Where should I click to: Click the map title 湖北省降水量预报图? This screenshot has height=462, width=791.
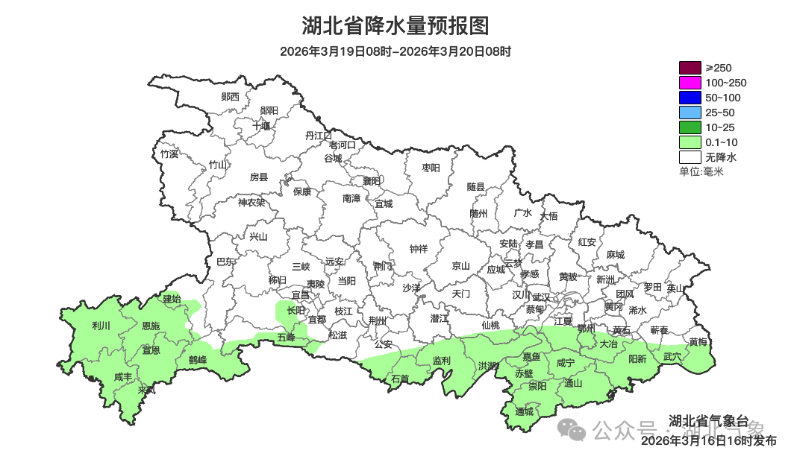395,26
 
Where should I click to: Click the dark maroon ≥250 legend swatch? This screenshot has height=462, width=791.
690,68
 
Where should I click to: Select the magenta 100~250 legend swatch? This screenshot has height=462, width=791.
690,83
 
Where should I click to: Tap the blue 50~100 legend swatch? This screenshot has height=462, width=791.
690,98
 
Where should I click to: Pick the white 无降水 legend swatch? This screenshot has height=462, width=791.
690,157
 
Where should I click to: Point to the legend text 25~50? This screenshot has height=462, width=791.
721,113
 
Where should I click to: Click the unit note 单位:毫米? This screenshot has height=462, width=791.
701,172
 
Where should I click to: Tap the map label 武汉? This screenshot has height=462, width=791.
540,297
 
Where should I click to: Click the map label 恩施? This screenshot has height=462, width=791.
150,326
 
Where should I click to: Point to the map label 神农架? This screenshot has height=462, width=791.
251,202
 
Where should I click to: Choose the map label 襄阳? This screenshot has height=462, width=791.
372,181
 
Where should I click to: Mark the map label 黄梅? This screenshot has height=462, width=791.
698,342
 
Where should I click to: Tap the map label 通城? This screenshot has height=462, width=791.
525,411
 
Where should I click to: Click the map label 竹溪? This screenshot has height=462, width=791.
169,154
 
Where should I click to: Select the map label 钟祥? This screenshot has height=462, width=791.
419,249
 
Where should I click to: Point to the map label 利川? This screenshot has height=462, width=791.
101,326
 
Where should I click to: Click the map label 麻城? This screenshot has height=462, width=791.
615,255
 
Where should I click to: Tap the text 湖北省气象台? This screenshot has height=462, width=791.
705,419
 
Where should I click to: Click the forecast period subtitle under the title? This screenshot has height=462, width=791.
395,51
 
